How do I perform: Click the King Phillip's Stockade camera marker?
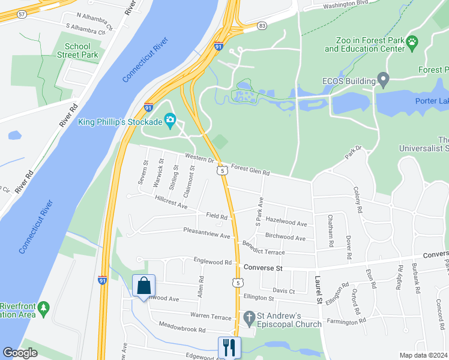pyautogui.click(x=170, y=121)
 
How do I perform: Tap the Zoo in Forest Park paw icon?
pyautogui.click(x=412, y=42)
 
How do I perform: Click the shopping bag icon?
pyautogui.click(x=144, y=286)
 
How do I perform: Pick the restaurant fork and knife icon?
pyautogui.click(x=229, y=347)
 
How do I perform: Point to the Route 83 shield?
pyautogui.click(x=262, y=26)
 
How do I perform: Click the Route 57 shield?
pyautogui.click(x=22, y=13)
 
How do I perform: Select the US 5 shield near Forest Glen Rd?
pyautogui.click(x=223, y=171)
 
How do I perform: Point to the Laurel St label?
pyautogui.click(x=319, y=289)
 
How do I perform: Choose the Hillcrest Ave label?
pyautogui.click(x=171, y=202)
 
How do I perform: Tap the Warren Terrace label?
pyautogui.click(x=211, y=316)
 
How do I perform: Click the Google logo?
pyautogui.click(x=20, y=353)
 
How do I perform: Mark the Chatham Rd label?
pyautogui.click(x=330, y=232)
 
